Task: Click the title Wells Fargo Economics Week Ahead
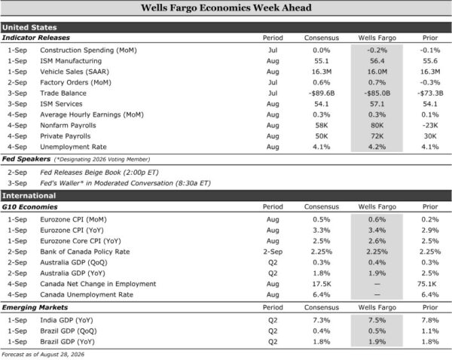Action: point(226,8)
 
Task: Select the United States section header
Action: point(29,27)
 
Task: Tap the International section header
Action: point(29,196)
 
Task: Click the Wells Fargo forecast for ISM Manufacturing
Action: point(377,61)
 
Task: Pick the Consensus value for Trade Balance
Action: point(322,93)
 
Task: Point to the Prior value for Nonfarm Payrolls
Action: point(430,125)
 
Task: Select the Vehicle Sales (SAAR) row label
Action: point(75,72)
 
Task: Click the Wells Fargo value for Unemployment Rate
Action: point(377,147)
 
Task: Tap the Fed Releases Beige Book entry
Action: point(99,172)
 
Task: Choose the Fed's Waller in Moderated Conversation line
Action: point(125,183)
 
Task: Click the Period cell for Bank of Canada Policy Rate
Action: point(273,252)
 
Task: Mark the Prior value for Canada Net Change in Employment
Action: point(426,284)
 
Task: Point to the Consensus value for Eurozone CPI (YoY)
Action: point(322,230)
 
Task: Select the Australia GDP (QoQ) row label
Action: point(74,263)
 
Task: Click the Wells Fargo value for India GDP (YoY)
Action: point(377,320)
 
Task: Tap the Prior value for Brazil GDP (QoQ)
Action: point(430,331)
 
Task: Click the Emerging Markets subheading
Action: point(35,307)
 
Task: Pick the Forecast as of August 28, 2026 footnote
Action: point(43,355)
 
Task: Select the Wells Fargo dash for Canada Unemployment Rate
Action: point(377,294)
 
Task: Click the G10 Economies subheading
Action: point(29,207)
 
